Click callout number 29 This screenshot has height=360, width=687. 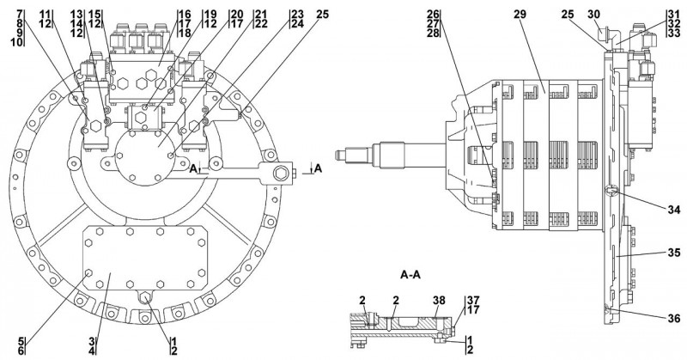520,14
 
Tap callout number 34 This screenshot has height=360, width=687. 673,210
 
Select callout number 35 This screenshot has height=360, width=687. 673,253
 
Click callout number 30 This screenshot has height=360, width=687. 594,14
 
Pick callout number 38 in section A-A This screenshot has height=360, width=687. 439,301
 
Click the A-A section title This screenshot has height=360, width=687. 410,275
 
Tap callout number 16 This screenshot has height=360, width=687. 184,14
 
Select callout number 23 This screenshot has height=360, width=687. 297,14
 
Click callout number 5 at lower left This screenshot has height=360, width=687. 21,340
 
